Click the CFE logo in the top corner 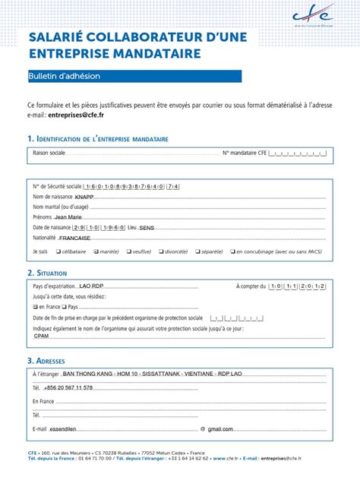pyautogui.click(x=312, y=15)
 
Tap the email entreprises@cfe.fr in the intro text pyautogui.click(x=76, y=115)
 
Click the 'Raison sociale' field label pyautogui.click(x=49, y=153)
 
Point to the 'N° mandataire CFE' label pyautogui.click(x=244, y=153)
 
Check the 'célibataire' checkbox pyautogui.click(x=56, y=251)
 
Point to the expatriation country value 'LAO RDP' pyautogui.click(x=91, y=286)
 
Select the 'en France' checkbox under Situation pyautogui.click(x=35, y=307)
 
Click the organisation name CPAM pyautogui.click(x=42, y=335)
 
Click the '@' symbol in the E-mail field pyautogui.click(x=203, y=429)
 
